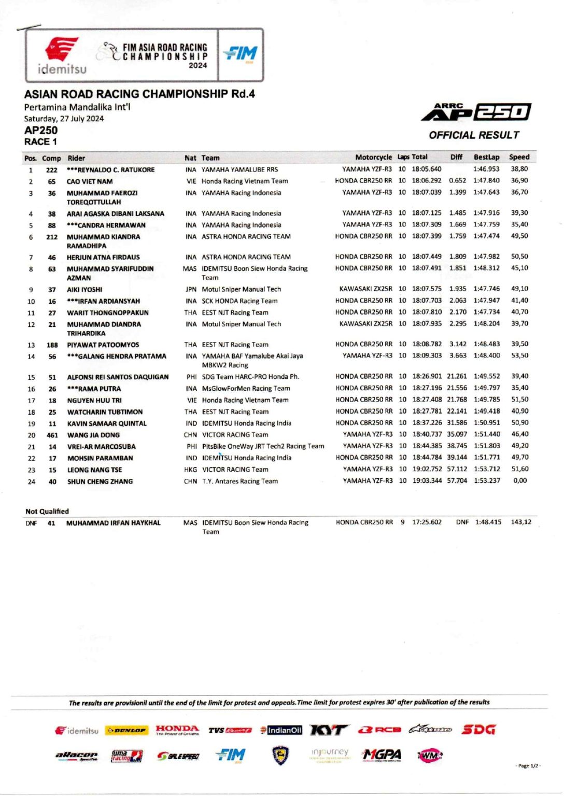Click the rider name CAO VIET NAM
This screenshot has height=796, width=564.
(x=89, y=181)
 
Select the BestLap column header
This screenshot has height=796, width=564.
(x=486, y=157)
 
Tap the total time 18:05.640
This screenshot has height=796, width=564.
(x=426, y=169)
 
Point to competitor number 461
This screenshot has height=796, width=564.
(x=52, y=435)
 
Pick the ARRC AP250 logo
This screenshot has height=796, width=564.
(x=476, y=112)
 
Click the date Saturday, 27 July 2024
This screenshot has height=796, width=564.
(x=64, y=119)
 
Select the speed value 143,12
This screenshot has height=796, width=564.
(x=520, y=522)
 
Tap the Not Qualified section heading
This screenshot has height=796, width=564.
(x=47, y=511)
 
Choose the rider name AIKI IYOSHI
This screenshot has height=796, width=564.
(x=84, y=290)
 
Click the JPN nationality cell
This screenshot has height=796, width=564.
(x=191, y=289)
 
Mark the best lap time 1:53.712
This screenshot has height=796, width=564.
(x=487, y=469)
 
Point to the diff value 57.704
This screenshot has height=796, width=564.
(x=457, y=480)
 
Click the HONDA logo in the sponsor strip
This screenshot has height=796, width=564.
(x=177, y=730)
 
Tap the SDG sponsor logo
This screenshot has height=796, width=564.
(x=478, y=730)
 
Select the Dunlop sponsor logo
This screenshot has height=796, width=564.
(x=127, y=730)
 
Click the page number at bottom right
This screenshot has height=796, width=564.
(x=528, y=765)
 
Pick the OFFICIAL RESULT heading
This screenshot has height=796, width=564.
(x=474, y=135)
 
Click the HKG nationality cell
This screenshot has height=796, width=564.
(x=190, y=470)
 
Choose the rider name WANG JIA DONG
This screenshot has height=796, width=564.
(x=93, y=435)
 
